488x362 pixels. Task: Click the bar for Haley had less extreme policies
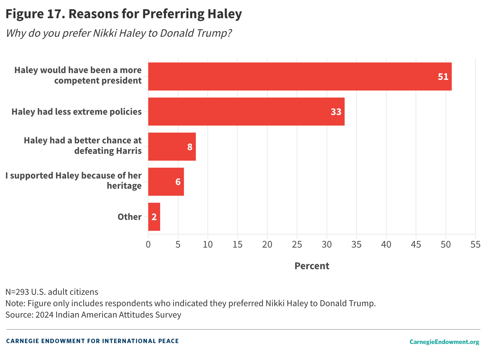click(246, 112)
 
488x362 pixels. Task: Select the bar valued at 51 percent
click(300, 76)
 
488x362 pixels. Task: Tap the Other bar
click(154, 217)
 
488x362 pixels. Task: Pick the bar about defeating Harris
click(172, 147)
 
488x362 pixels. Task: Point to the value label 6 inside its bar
click(178, 182)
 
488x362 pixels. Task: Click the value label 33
click(336, 112)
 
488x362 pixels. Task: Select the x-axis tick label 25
click(297, 245)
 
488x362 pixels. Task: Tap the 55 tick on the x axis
click(475, 245)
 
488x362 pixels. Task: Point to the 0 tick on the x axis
click(148, 245)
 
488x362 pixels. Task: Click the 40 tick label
click(386, 245)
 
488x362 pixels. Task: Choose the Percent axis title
click(312, 266)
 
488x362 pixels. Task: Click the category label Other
click(130, 217)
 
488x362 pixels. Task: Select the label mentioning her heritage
click(74, 180)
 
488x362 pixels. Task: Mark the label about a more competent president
click(78, 75)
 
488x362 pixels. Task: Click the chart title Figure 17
click(124, 14)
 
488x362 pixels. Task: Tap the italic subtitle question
click(119, 33)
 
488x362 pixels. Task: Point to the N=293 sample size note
click(52, 292)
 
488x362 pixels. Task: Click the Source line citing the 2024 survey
click(93, 315)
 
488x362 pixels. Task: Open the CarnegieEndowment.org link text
click(444, 342)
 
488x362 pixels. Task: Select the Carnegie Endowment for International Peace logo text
click(92, 341)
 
